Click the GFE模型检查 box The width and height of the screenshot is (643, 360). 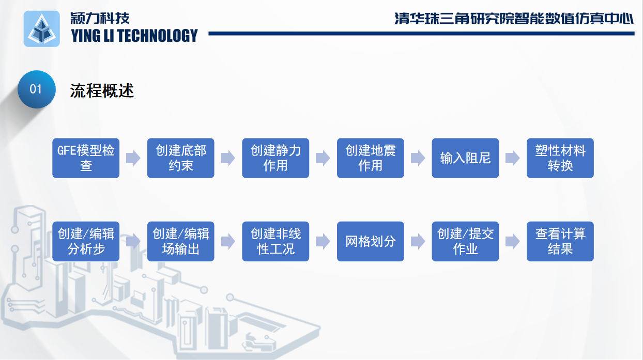tap(86, 158)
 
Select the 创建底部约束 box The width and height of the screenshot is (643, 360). tap(181, 158)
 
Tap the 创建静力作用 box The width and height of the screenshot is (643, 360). tap(275, 158)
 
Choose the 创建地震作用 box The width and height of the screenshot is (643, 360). tap(371, 158)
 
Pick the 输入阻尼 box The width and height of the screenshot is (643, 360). tap(465, 158)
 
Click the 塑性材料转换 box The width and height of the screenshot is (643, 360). tap(560, 158)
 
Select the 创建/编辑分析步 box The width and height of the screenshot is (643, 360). tap(86, 241)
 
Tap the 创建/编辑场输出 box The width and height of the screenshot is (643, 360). tap(181, 241)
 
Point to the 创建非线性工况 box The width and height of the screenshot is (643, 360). tap(275, 241)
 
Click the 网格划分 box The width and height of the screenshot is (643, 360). tap(371, 241)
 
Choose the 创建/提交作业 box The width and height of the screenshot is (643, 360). tap(465, 241)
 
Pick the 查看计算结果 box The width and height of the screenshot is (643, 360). tap(560, 241)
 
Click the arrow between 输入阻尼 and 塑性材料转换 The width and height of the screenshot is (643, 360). tap(513, 158)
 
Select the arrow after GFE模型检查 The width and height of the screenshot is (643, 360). tap(133, 158)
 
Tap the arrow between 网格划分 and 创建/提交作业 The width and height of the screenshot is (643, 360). tap(418, 241)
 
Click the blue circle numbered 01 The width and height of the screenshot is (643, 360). tap(37, 89)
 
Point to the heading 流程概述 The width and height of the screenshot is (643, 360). tap(102, 90)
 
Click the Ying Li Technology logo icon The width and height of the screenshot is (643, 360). tap(42, 29)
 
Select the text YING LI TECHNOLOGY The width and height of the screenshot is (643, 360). tap(134, 36)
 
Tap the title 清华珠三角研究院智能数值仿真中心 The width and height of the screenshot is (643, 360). tap(514, 19)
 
